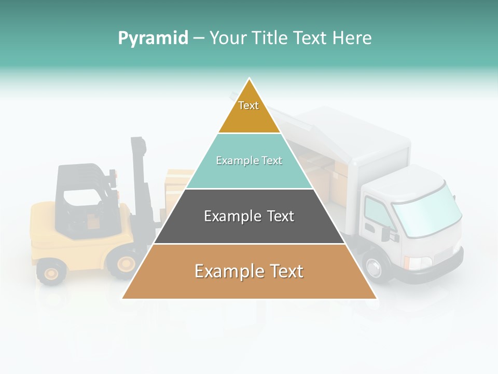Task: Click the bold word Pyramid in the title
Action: tap(153, 38)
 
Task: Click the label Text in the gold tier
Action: tap(248, 105)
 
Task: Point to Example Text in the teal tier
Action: tap(249, 161)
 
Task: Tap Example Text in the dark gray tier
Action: tap(249, 216)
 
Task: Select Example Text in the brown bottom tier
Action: tap(249, 271)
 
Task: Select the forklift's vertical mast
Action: tap(139, 177)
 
